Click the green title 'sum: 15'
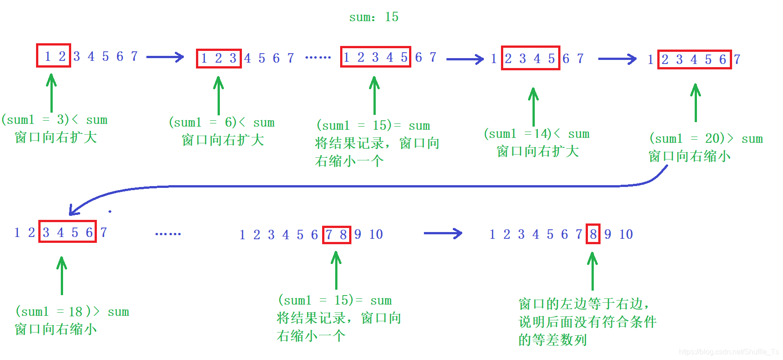[x=373, y=17]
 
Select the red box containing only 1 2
[x=54, y=55]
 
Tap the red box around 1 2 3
[x=219, y=58]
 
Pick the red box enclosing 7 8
[x=337, y=234]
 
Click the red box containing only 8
[x=593, y=234]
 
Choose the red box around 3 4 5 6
[x=68, y=232]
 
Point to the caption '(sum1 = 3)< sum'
[x=55, y=120]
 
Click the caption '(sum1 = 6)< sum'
[x=222, y=123]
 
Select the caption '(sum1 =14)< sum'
[x=537, y=134]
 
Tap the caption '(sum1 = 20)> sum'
[x=706, y=138]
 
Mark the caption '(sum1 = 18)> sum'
[x=72, y=312]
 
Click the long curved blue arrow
[x=360, y=186]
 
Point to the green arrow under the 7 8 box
[x=336, y=270]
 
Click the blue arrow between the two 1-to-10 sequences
[x=443, y=233]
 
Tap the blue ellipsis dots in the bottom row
[x=168, y=234]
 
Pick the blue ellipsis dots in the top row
[x=318, y=58]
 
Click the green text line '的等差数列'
[x=552, y=340]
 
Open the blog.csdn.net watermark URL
[x=728, y=352]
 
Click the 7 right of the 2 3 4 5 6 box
[x=737, y=59]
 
